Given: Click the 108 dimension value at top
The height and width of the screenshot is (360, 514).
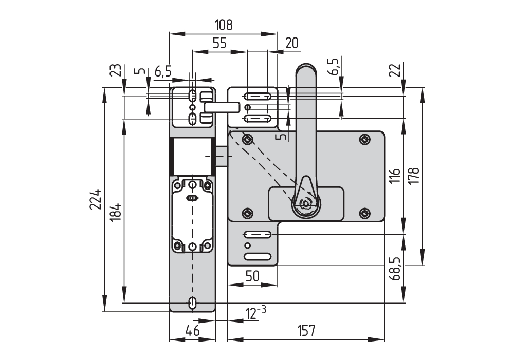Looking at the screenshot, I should coord(224,25).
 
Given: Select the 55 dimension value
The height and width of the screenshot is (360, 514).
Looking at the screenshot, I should coord(219,43).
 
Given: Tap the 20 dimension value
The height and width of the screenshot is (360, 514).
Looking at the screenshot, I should coord(291,43).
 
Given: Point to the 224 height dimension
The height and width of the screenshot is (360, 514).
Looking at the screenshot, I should coord(95,199).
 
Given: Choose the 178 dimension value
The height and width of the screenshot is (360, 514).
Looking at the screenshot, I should coord(415,176).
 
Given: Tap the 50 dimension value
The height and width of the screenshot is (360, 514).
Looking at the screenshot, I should coord(252,276).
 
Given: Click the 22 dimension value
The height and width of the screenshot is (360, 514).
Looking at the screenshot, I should coord(395,70).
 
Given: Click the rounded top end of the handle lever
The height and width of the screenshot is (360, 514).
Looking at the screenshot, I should coord(305,69).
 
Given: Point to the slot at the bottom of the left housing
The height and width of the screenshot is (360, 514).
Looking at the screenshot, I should coord(193,302).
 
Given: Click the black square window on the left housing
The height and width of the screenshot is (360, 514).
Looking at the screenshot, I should coord(191,157).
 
